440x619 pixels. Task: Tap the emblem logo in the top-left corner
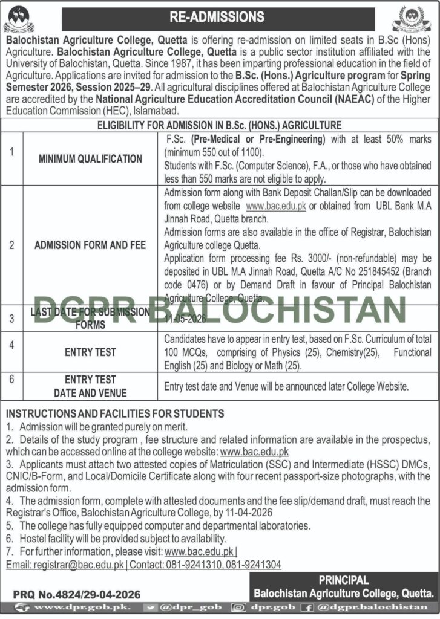pos(19,19)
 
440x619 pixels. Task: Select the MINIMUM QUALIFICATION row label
pos(90,159)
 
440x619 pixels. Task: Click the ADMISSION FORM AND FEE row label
pos(90,245)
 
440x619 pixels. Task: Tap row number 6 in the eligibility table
pos(11,380)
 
